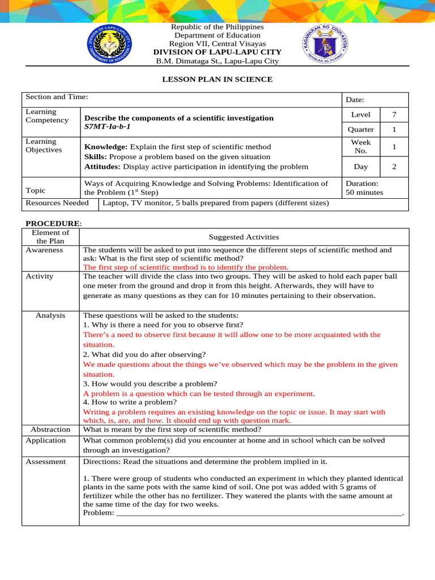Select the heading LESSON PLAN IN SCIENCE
(x=217, y=79)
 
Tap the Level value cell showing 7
(x=394, y=115)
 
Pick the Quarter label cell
(x=360, y=129)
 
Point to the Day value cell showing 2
(x=394, y=167)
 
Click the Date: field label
(x=355, y=100)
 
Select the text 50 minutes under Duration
(x=364, y=193)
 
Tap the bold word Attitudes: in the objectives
(x=103, y=167)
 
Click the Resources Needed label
(x=57, y=203)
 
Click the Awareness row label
(x=44, y=250)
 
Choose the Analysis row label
(x=50, y=315)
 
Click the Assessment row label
(x=46, y=462)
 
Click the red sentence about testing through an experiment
(x=199, y=394)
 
